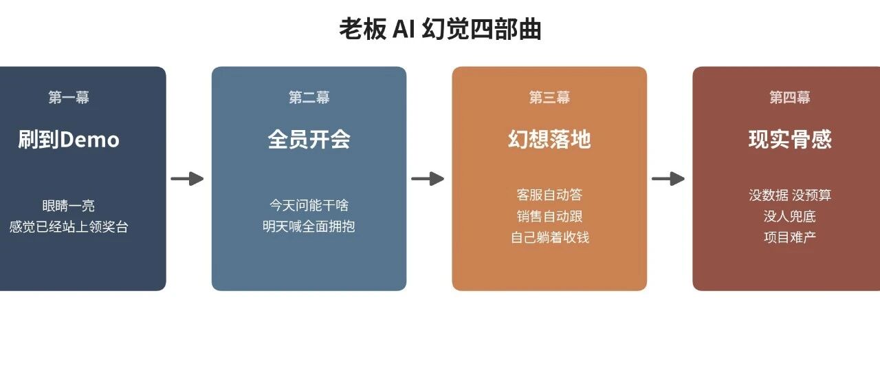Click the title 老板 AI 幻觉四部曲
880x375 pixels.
pos(440,29)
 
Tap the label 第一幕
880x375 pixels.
pos(69,97)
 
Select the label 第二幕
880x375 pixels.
pos(309,97)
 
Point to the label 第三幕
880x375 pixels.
pos(549,97)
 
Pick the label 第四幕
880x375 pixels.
pos(790,97)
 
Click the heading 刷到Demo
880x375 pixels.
pos(69,140)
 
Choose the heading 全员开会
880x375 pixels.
pos(309,140)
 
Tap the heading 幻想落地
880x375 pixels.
pos(549,140)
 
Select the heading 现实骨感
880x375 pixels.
pos(790,140)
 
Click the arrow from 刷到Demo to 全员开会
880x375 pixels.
pos(187,179)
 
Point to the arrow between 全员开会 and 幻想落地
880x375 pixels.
pos(428,179)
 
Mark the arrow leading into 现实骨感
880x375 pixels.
pos(668,179)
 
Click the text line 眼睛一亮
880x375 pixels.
pos(69,206)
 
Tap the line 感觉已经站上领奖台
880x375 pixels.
pos(69,227)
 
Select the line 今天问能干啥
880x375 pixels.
pos(309,205)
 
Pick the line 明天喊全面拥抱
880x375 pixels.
pos(309,226)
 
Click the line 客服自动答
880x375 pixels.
pos(549,195)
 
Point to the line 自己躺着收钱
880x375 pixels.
pos(550,237)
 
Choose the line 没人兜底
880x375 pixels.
pos(790,216)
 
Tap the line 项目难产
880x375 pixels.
pos(790,237)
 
